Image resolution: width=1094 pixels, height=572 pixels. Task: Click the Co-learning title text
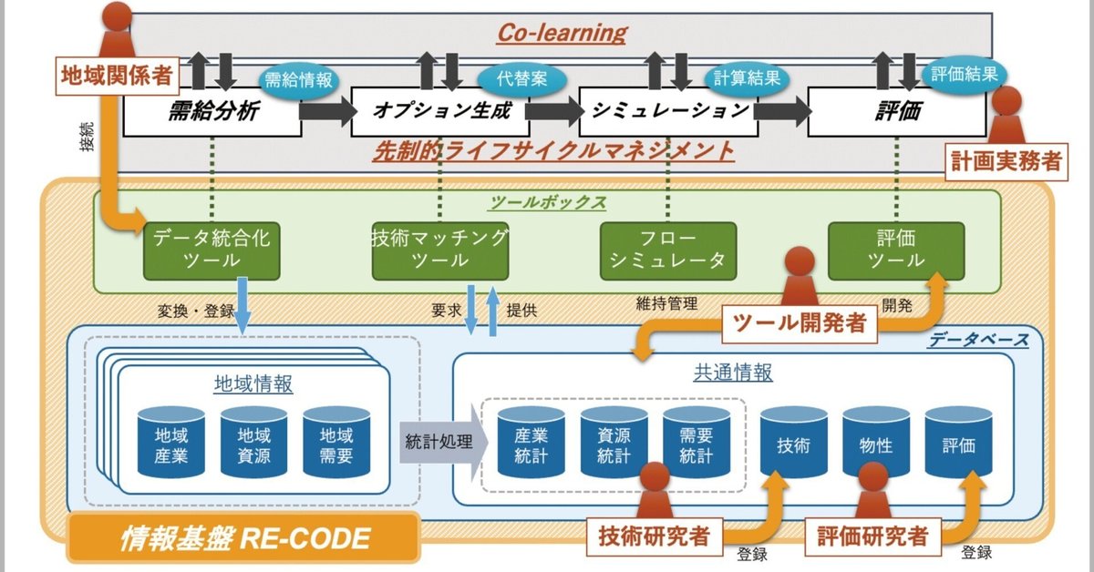[562, 34]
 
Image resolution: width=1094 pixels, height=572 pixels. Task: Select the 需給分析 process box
[212, 112]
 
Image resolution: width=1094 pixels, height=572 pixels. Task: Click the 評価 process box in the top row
[897, 112]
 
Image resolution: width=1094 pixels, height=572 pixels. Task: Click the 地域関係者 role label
[117, 75]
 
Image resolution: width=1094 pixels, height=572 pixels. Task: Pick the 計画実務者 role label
[1006, 161]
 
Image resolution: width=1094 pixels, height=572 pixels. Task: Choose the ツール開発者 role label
[800, 322]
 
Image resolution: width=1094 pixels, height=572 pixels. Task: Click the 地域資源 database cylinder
[254, 444]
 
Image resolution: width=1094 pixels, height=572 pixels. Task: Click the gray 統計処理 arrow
[440, 443]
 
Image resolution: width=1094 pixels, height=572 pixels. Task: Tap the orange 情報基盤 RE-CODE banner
[244, 539]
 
